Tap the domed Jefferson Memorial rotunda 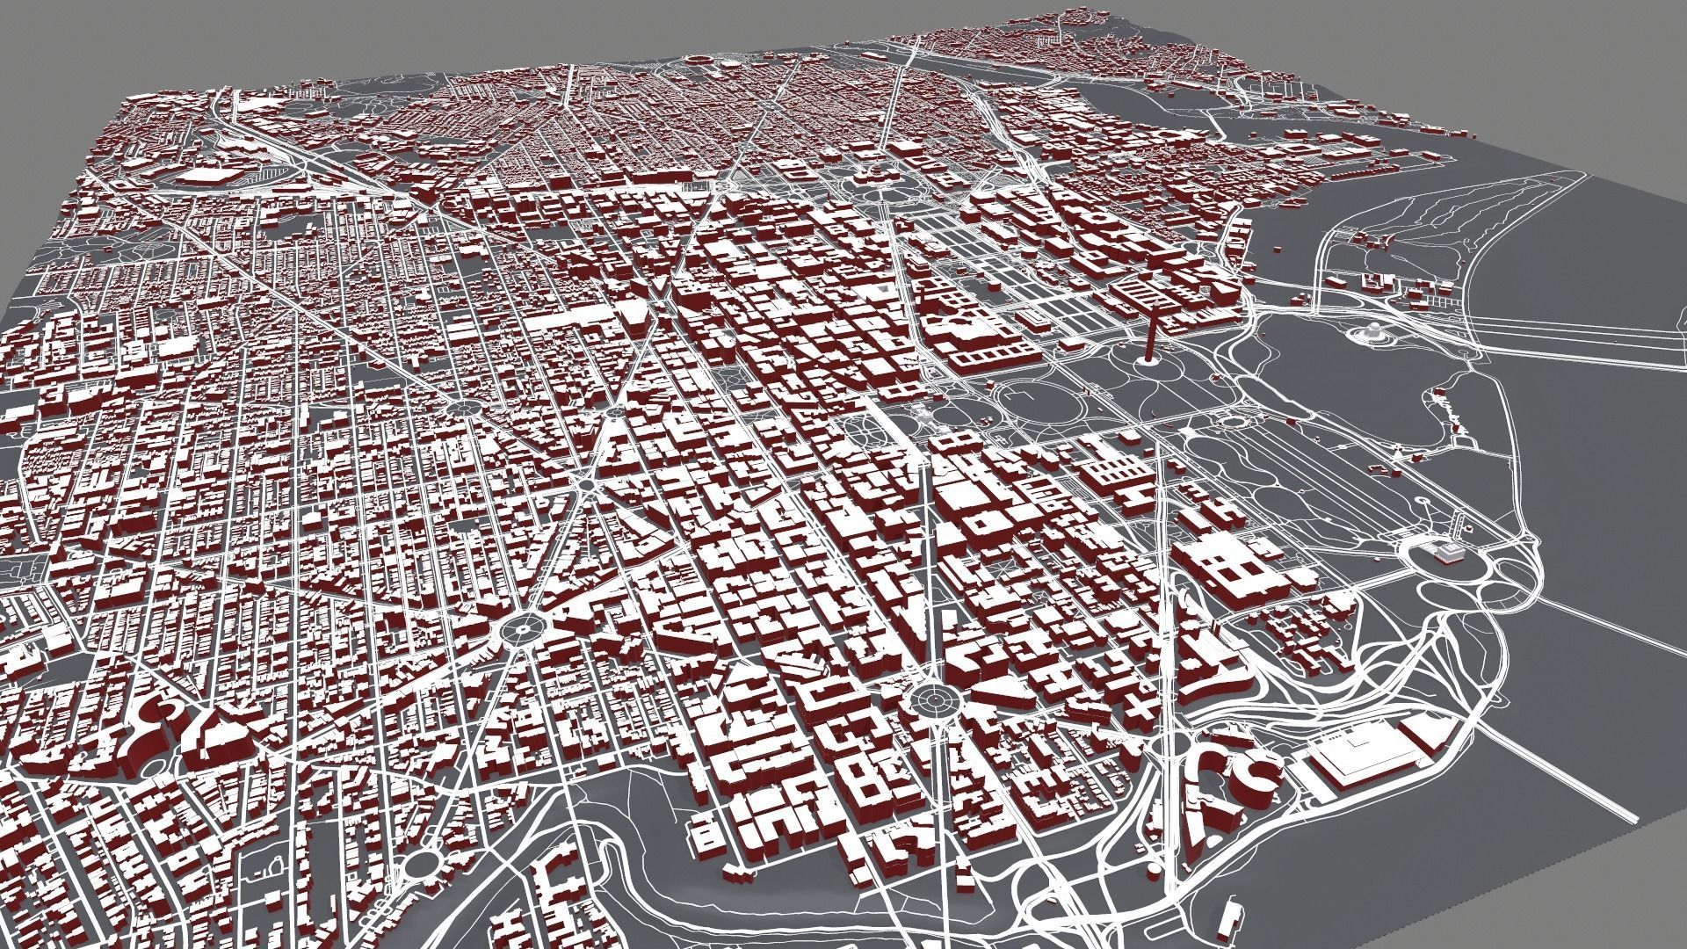pos(1371,332)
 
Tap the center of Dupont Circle pos(520,627)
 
